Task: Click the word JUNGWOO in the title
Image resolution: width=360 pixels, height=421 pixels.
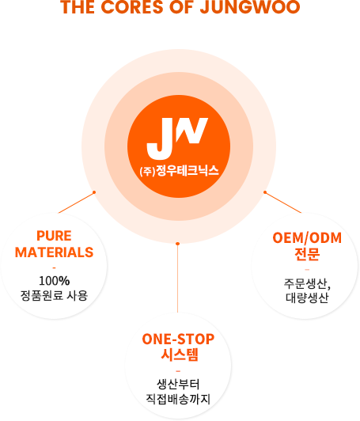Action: (x=250, y=6)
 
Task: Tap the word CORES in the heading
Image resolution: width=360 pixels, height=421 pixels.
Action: (x=132, y=6)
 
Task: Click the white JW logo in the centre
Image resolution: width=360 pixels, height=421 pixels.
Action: (x=177, y=138)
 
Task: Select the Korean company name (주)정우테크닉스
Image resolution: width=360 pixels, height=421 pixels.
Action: (x=179, y=171)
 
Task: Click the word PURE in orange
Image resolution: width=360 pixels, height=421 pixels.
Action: (x=54, y=236)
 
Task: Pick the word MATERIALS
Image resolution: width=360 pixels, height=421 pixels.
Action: (x=54, y=252)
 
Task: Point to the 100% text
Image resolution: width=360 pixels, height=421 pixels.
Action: (x=55, y=281)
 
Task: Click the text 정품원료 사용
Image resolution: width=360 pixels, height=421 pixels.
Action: (x=54, y=295)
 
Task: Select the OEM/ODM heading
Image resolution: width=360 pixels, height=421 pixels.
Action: (x=307, y=238)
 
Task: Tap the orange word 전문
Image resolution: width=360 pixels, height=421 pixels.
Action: (x=307, y=254)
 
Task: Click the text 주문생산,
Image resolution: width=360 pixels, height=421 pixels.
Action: (x=307, y=284)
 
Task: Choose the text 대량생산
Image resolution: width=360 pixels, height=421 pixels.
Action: (x=307, y=298)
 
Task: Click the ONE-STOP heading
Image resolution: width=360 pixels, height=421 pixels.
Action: (x=178, y=339)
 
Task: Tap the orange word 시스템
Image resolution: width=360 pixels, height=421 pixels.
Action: (x=180, y=355)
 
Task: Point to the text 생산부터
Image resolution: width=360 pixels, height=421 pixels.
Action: (x=178, y=385)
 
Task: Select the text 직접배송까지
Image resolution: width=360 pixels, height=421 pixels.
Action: (x=178, y=399)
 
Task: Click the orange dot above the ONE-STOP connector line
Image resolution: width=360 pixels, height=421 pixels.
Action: (x=177, y=244)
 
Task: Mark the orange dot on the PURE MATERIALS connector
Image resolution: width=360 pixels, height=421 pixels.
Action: (x=94, y=192)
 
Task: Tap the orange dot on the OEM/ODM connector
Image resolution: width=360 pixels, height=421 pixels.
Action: (x=265, y=192)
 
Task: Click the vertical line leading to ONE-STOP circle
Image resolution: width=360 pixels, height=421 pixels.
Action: (x=177, y=279)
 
